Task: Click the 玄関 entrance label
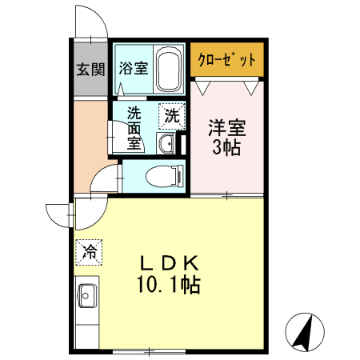point(90,69)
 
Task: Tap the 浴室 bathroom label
point(133,68)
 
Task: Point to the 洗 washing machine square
point(171,115)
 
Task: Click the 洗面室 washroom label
point(134,129)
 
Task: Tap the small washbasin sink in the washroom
point(166,143)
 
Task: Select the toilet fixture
point(165,174)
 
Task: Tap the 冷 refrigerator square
point(90,253)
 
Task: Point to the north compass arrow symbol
point(305,331)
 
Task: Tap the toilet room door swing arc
point(104,179)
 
